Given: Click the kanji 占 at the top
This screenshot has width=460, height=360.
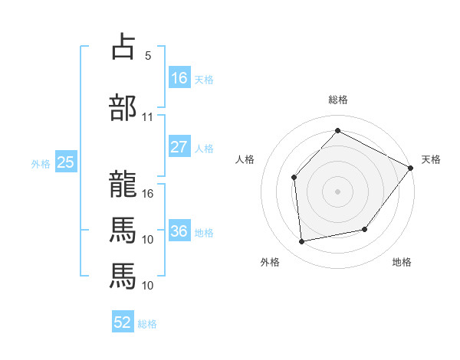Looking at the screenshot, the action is pyautogui.click(x=123, y=46).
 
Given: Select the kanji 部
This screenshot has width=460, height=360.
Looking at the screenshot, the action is pyautogui.click(x=123, y=107).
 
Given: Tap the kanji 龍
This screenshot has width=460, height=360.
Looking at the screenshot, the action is pyautogui.click(x=123, y=184).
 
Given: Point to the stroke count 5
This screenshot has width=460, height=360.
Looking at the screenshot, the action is pyautogui.click(x=148, y=56).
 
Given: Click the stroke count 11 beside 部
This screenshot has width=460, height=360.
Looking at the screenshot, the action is pyautogui.click(x=147, y=117).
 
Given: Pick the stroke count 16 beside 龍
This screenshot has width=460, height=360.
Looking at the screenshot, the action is pyautogui.click(x=147, y=194).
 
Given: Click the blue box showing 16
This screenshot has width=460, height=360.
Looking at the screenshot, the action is pyautogui.click(x=179, y=77).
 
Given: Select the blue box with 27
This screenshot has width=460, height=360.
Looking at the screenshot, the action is pyautogui.click(x=179, y=146).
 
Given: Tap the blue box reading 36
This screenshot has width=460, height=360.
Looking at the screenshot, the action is pyautogui.click(x=179, y=230).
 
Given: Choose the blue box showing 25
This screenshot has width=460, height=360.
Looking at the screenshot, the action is pyautogui.click(x=66, y=162).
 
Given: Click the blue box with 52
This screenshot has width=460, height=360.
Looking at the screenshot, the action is pyautogui.click(x=123, y=321).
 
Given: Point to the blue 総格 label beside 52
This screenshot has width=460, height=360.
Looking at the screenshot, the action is pyautogui.click(x=147, y=324).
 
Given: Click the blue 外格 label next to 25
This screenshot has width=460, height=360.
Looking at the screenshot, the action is pyautogui.click(x=41, y=164).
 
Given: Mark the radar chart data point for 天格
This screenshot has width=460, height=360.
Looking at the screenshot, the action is pyautogui.click(x=410, y=168).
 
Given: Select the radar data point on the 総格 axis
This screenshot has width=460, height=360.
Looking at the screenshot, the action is pyautogui.click(x=337, y=130).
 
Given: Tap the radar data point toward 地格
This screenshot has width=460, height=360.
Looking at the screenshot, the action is pyautogui.click(x=365, y=229).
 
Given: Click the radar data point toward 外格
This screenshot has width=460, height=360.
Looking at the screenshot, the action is pyautogui.click(x=301, y=241).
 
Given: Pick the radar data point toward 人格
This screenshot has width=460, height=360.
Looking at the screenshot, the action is pyautogui.click(x=294, y=178).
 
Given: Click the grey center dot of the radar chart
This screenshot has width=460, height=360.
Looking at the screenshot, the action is pyautogui.click(x=337, y=191).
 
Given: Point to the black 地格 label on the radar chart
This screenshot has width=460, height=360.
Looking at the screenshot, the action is pyautogui.click(x=402, y=262).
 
